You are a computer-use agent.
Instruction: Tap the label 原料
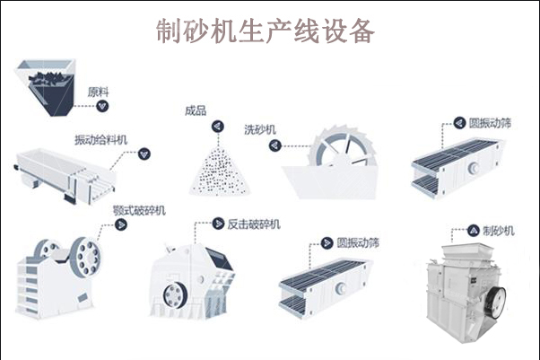[x=98, y=91]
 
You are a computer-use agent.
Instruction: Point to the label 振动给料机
[x=100, y=139]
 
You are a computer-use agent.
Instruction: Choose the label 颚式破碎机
[x=140, y=211]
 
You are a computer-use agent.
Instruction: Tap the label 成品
[x=196, y=111]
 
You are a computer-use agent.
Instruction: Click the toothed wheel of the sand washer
[x=334, y=153]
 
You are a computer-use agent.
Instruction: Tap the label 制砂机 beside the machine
[x=499, y=231]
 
